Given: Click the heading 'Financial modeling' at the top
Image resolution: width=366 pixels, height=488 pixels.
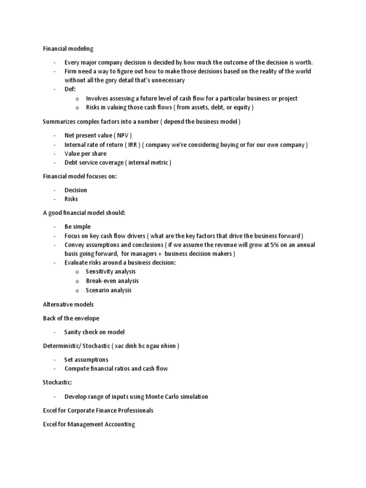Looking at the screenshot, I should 68,48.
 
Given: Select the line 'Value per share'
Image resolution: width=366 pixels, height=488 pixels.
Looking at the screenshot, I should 85,153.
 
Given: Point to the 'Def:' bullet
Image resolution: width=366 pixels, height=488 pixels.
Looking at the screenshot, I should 70,89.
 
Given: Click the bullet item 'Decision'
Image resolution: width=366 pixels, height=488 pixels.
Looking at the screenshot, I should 76,190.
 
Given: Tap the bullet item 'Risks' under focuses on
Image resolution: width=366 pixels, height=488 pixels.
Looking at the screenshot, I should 71,199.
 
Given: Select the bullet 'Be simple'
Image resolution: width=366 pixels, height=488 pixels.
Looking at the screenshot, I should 77,226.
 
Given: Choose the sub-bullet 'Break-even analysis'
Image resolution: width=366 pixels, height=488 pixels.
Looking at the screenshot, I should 112,281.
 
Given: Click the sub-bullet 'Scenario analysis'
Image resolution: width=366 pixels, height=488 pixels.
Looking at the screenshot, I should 108,290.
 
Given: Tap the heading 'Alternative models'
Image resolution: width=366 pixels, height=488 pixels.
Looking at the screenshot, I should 68,304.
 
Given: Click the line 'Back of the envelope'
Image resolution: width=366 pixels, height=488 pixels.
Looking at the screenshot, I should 71,318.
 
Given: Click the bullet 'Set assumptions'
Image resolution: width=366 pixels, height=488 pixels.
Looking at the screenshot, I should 86,359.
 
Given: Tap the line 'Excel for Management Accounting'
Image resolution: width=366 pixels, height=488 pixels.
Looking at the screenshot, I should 89,424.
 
